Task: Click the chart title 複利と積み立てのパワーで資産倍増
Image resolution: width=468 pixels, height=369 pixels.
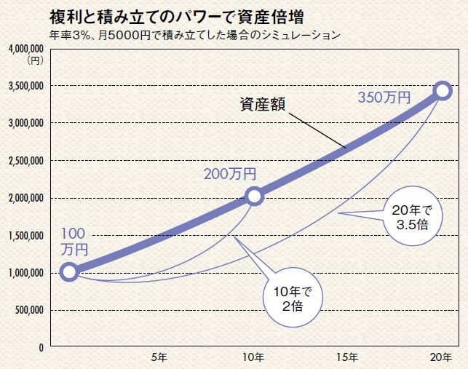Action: click(176, 15)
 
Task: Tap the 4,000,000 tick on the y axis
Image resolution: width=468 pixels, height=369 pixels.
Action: click(27, 49)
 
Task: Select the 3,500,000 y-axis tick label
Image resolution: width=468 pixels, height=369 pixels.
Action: click(27, 86)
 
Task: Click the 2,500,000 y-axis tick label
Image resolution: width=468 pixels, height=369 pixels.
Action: click(27, 161)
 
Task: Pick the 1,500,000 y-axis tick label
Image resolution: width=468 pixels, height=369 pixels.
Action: click(27, 236)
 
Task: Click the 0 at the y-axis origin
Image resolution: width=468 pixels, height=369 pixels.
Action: click(42, 347)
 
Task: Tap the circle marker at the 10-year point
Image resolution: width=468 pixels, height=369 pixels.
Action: click(254, 196)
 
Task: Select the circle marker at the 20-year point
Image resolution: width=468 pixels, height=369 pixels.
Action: click(442, 90)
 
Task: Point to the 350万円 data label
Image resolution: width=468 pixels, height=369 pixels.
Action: click(384, 98)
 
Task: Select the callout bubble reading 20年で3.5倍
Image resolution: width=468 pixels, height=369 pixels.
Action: click(411, 218)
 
